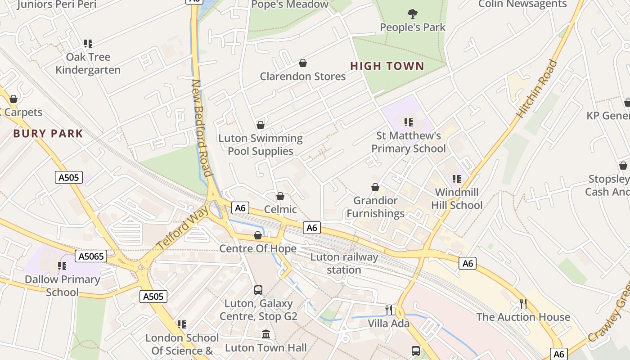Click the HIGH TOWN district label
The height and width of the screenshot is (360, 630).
(x=387, y=66)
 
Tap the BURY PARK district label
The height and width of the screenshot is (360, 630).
(x=48, y=134)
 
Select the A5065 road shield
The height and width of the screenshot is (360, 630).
(x=91, y=256)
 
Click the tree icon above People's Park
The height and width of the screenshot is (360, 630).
(x=412, y=14)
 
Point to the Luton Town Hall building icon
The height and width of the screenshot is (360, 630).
(x=266, y=335)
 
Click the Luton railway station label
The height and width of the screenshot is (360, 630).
(x=344, y=264)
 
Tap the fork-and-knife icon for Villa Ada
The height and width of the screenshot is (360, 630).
(x=389, y=310)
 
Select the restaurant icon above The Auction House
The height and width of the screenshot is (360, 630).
(x=523, y=303)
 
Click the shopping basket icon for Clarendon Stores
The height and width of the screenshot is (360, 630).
(x=303, y=63)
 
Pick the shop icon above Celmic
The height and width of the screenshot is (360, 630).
(x=280, y=196)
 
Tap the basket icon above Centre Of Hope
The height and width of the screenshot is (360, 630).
(x=258, y=235)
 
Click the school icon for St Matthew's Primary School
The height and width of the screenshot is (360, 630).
(x=409, y=122)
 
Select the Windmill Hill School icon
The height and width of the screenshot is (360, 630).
(x=457, y=179)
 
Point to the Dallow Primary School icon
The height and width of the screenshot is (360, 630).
(x=62, y=266)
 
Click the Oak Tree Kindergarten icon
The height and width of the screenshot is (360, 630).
(x=88, y=44)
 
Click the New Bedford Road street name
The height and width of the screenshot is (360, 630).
(x=201, y=128)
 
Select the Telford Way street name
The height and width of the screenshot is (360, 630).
(x=183, y=227)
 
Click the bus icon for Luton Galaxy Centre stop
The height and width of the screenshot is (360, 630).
(x=258, y=290)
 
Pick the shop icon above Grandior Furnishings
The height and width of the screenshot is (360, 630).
(x=375, y=187)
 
